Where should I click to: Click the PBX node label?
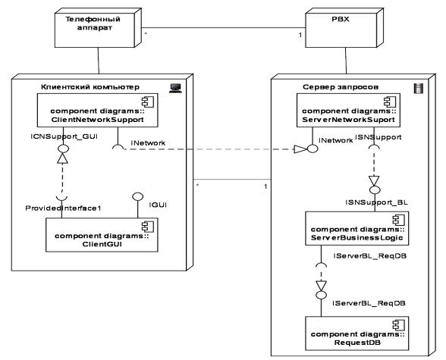[x=340, y=19]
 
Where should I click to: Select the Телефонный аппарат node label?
[x=93, y=23]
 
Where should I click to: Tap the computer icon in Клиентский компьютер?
[x=175, y=89]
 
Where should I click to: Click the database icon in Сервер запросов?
[x=418, y=89]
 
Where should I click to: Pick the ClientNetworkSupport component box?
[x=98, y=110]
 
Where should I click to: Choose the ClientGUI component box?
[x=102, y=235]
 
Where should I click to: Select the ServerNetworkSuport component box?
[x=348, y=110]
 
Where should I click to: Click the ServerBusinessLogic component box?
[x=357, y=228]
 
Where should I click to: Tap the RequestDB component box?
[x=357, y=333]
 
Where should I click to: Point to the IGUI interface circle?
[x=138, y=196]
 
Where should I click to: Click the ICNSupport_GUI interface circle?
[x=63, y=149]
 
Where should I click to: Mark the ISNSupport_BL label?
[x=376, y=202]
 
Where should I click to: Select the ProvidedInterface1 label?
[x=63, y=208]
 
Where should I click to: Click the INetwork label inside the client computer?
[x=148, y=143]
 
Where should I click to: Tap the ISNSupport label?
[x=378, y=137]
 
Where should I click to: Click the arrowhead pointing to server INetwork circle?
[x=300, y=149]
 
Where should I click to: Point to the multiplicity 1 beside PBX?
[x=300, y=35]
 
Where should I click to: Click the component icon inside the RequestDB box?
[x=398, y=325]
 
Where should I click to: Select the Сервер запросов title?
[x=341, y=87]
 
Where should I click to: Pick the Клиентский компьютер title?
[x=90, y=87]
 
